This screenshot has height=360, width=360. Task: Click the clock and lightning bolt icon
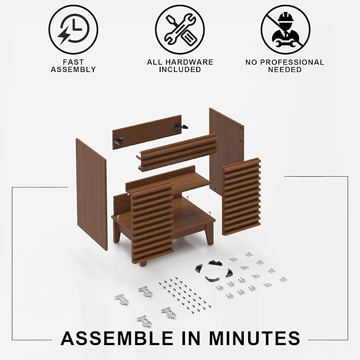73,30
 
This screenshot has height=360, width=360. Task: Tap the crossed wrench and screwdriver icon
180,30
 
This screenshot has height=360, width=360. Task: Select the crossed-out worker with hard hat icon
285,30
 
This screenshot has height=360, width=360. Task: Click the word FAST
74,62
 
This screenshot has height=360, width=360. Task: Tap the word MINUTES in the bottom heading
254,338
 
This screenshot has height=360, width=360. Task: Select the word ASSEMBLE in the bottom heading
117,338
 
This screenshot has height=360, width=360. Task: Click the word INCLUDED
180,69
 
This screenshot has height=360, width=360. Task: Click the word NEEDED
285,69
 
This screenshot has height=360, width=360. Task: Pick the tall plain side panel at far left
92,194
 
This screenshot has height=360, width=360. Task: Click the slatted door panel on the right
241,197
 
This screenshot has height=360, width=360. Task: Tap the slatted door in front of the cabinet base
152,224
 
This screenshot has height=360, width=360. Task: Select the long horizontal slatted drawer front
178,152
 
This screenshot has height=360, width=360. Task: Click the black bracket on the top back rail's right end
180,127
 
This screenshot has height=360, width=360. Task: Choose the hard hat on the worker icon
286,17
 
